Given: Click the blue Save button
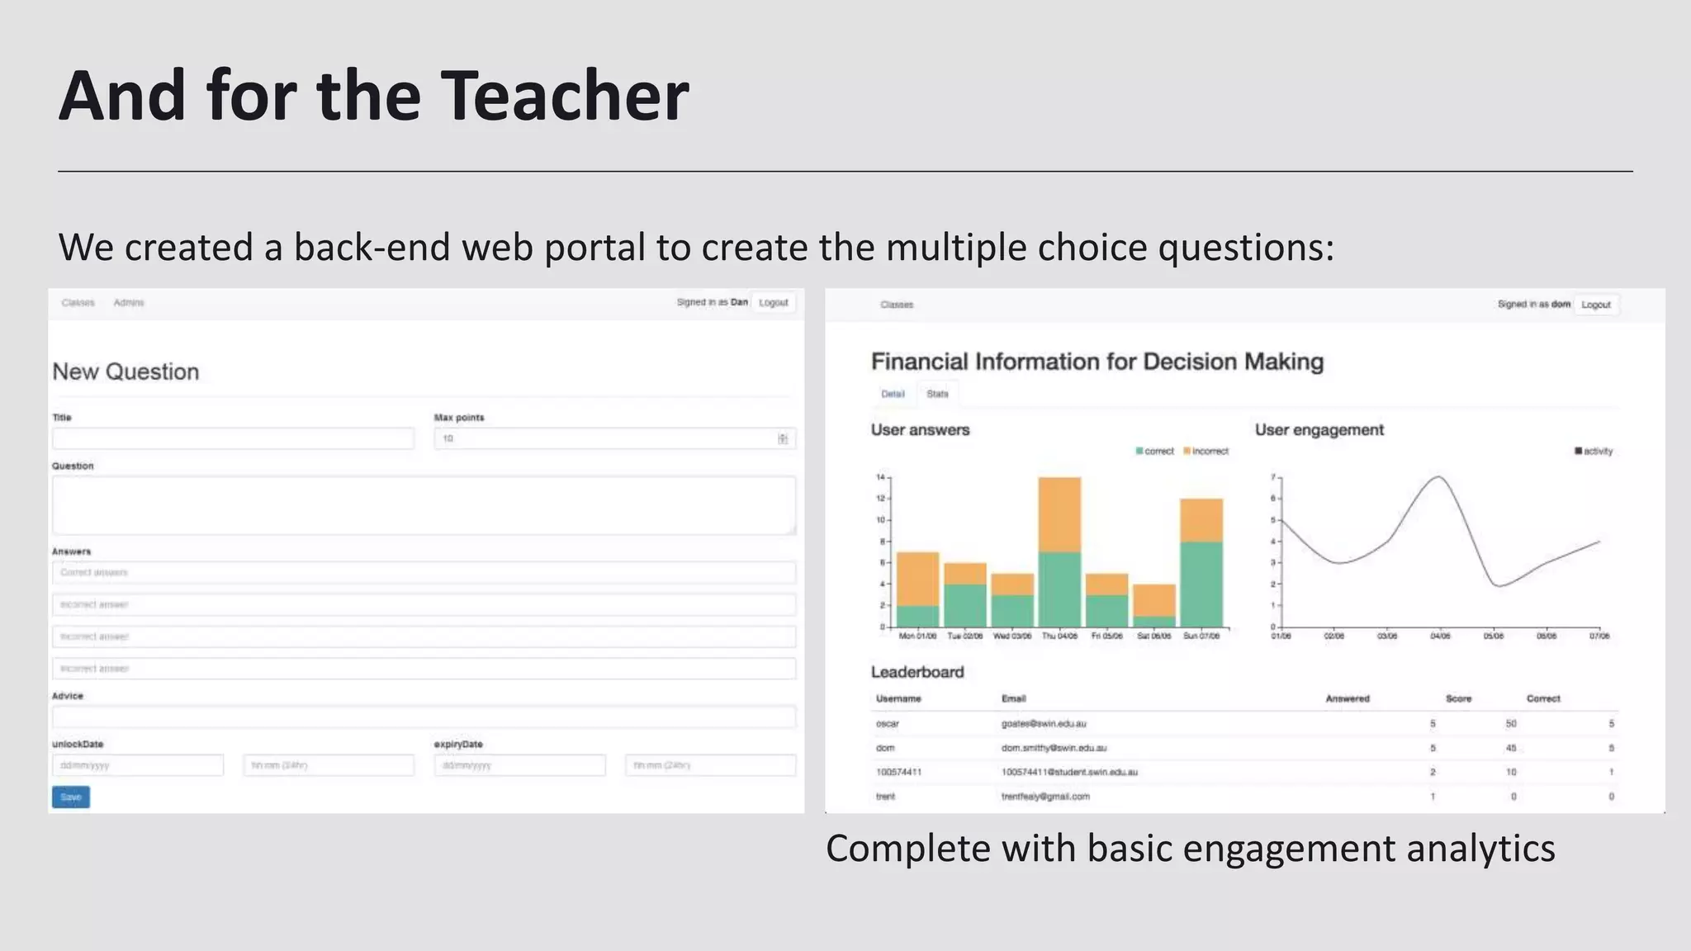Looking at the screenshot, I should pyautogui.click(x=71, y=797).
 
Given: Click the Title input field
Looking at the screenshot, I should pyautogui.click(x=233, y=438).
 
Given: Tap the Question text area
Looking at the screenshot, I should pyautogui.click(x=424, y=504).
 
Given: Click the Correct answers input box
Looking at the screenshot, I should pyautogui.click(x=424, y=572).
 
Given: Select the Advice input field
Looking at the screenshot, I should pyautogui.click(x=424, y=717).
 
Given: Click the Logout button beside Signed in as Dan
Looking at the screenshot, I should pyautogui.click(x=774, y=303).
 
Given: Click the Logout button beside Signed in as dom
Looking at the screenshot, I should pyautogui.click(x=1595, y=305).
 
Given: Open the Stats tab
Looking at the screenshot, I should pyautogui.click(x=937, y=394).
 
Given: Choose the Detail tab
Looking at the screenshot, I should pyautogui.click(x=893, y=394).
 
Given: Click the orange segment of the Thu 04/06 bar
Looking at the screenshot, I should pyautogui.click(x=1059, y=514).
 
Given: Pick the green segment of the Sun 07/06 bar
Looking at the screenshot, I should pyautogui.click(x=1201, y=584).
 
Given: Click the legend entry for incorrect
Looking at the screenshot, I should pyautogui.click(x=1206, y=452).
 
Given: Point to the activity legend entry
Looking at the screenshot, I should pyautogui.click(x=1594, y=452).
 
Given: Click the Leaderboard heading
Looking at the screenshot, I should pyautogui.click(x=917, y=672).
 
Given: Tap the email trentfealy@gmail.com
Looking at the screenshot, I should pyautogui.click(x=1045, y=797).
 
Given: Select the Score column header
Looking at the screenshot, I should pyautogui.click(x=1458, y=698).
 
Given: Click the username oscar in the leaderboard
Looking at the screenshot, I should pyautogui.click(x=888, y=724).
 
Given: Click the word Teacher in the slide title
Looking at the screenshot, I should pyautogui.click(x=565, y=96).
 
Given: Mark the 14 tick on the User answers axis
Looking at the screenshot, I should pyautogui.click(x=880, y=477).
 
